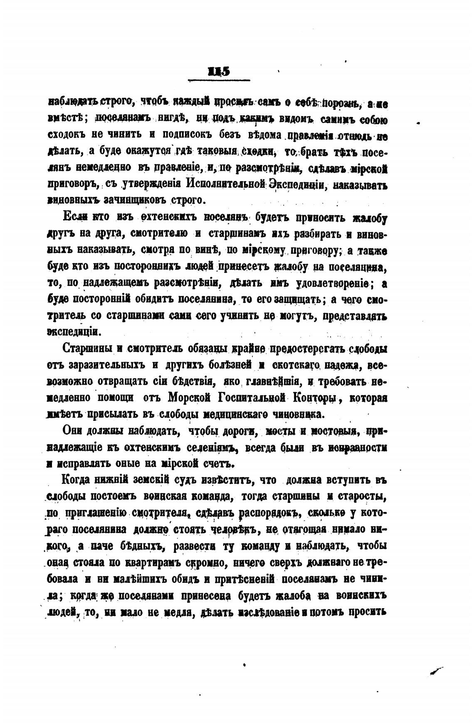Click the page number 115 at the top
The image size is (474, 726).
pyautogui.click(x=219, y=71)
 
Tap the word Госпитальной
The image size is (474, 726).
pyautogui.click(x=253, y=398)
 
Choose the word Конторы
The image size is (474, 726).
pyautogui.click(x=315, y=398)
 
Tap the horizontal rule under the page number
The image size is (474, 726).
pyautogui.click(x=219, y=80)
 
